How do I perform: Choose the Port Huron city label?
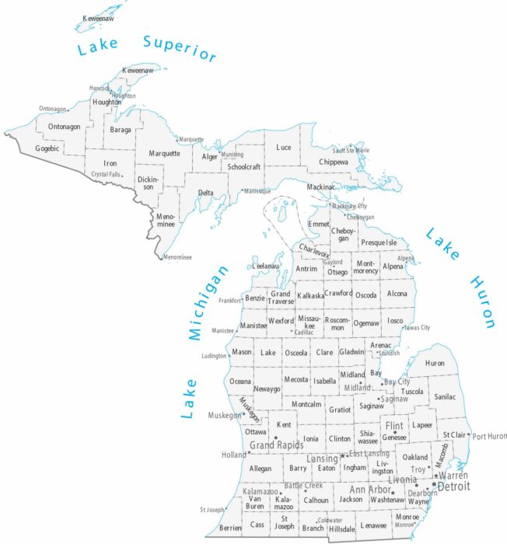pos(489,436)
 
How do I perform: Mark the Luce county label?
pos(284,147)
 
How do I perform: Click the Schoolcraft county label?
pos(244,167)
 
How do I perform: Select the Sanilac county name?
pos(445,396)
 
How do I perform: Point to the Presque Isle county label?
pos(379,242)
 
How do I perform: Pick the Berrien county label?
pos(229,527)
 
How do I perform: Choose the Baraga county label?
pos(121,130)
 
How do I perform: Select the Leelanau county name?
pos(265,266)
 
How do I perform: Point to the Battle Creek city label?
pos(302,485)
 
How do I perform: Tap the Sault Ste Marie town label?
pos(351,150)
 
